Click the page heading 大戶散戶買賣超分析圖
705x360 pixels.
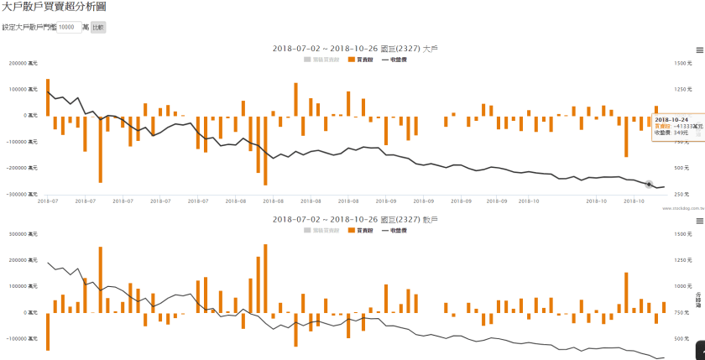(53, 7)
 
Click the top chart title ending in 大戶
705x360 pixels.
(356, 49)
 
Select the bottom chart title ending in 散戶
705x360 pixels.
(356, 219)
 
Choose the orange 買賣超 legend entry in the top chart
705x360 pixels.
(360, 60)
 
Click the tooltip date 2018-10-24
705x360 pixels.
(671, 120)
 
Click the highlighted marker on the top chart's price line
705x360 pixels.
(650, 184)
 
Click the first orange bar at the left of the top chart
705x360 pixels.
(48, 97)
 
